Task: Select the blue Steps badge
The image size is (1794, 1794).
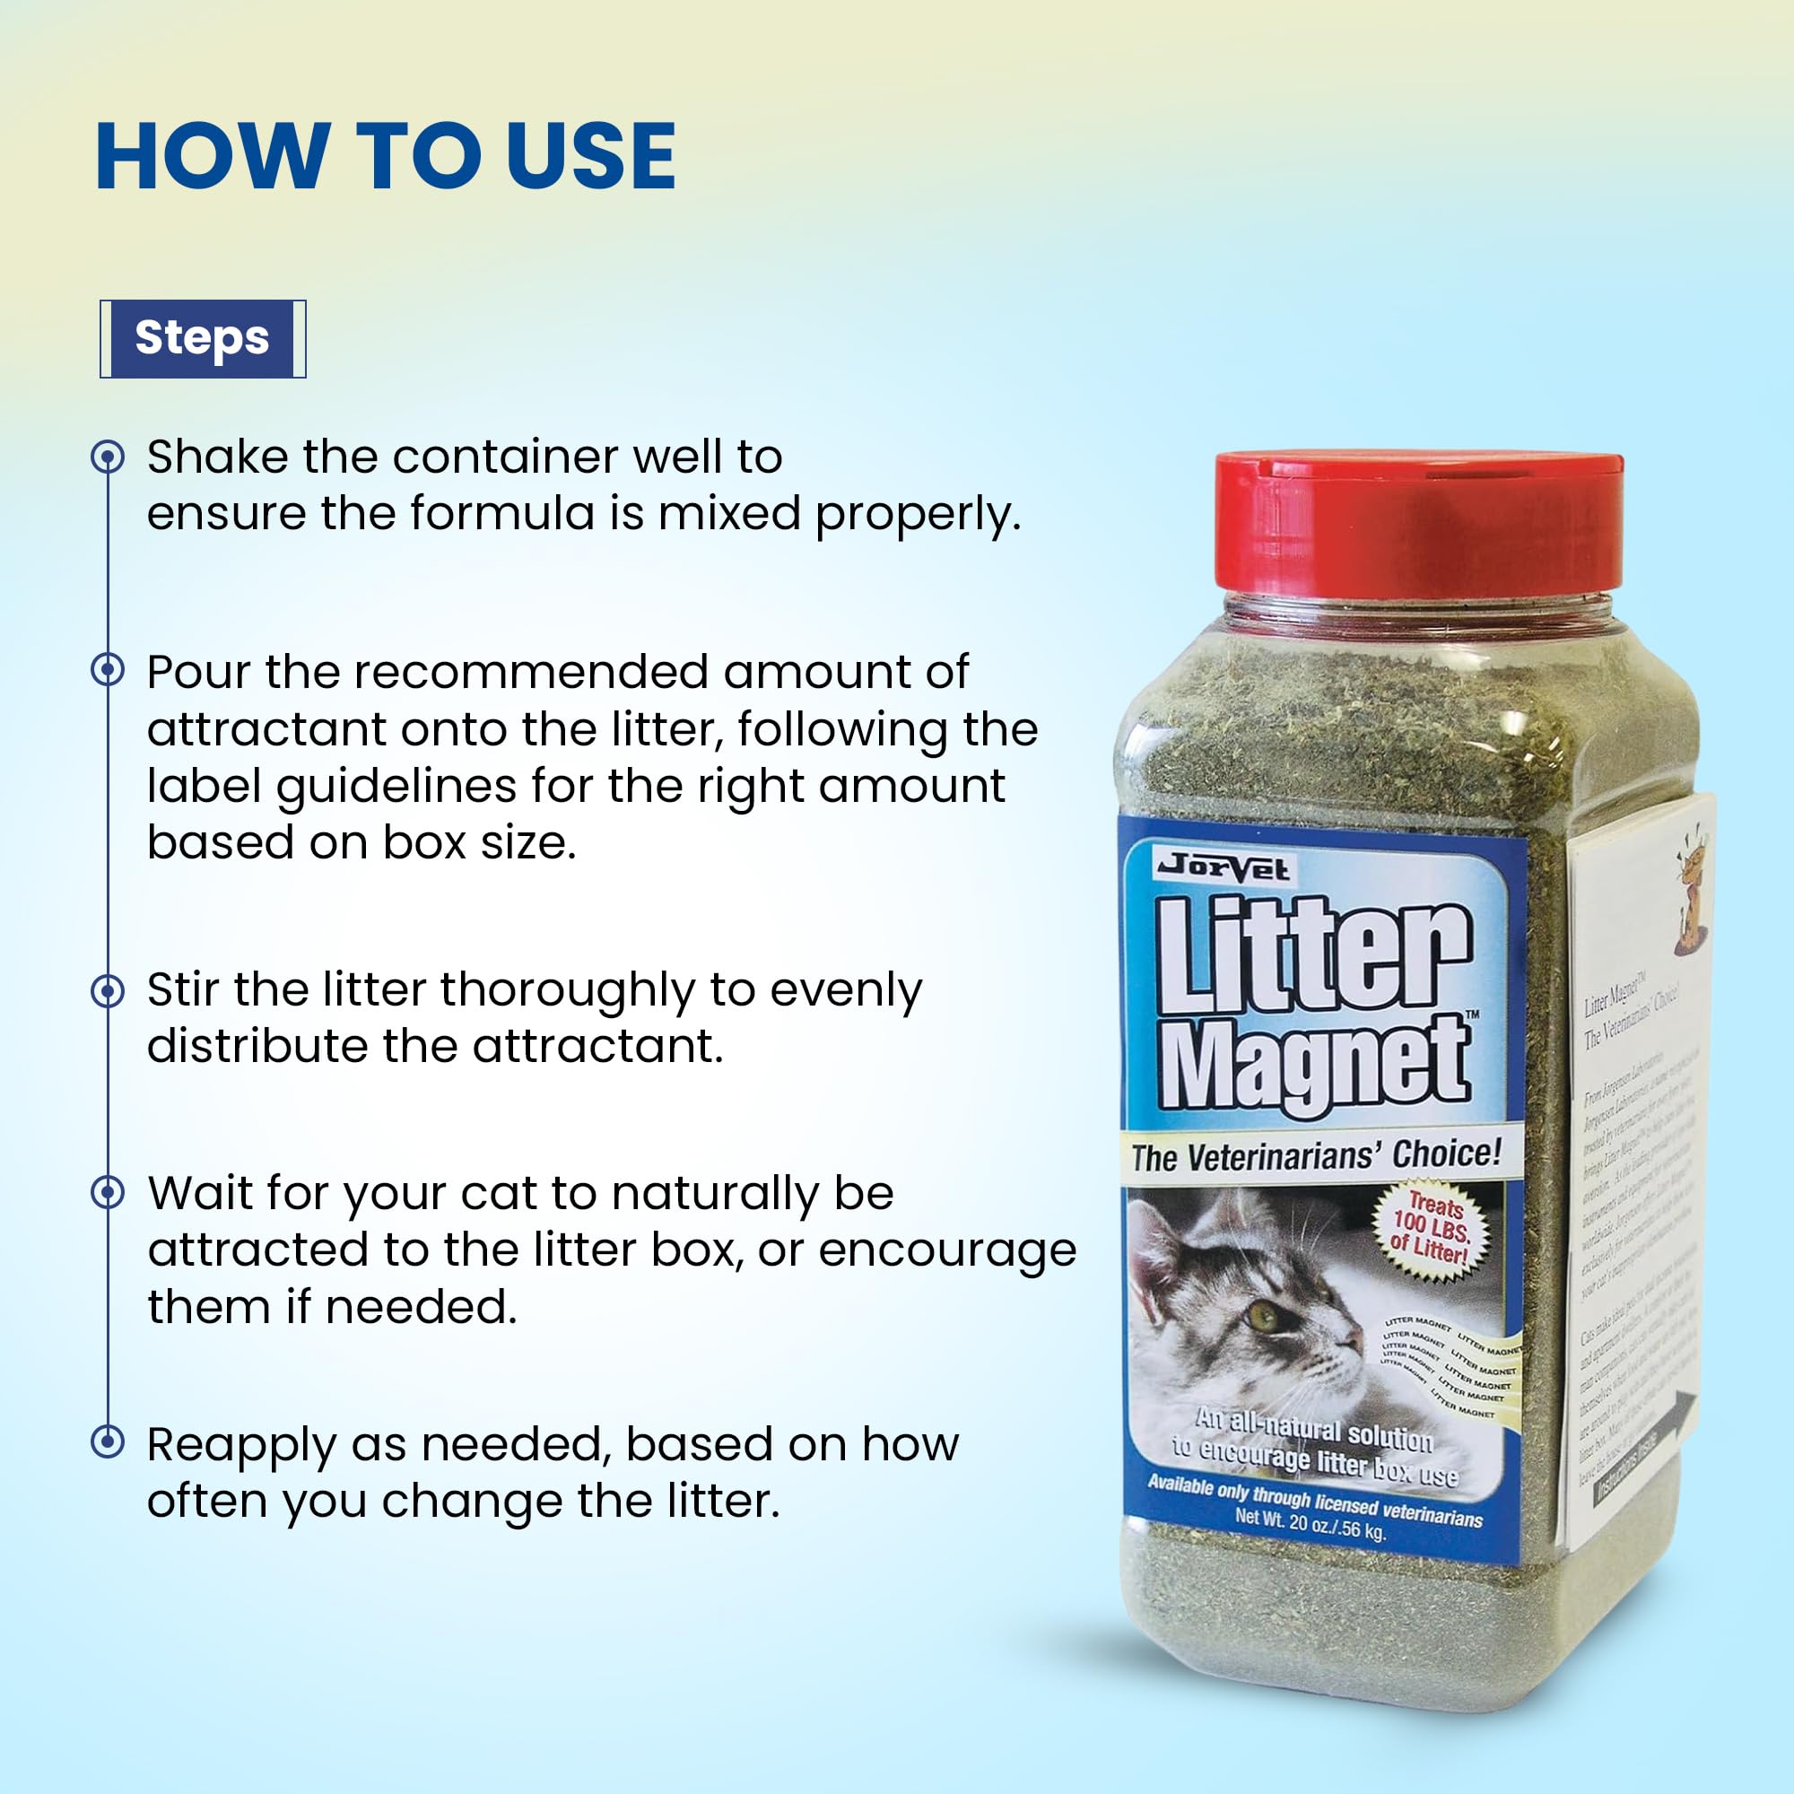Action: pyautogui.click(x=203, y=338)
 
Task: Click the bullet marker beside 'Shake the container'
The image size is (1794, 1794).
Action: pyautogui.click(x=108, y=457)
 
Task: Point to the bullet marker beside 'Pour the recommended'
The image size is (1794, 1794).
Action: pyautogui.click(x=108, y=669)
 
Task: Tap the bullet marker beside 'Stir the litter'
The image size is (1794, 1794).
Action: pyautogui.click(x=108, y=991)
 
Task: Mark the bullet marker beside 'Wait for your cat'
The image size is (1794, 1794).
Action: pyautogui.click(x=108, y=1192)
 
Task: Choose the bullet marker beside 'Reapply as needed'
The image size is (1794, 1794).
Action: pyautogui.click(x=108, y=1441)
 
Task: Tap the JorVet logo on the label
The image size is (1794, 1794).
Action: pyautogui.click(x=1222, y=867)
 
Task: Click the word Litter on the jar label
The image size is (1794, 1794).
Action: pyautogui.click(x=1313, y=956)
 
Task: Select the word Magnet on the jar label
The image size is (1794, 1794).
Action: pyautogui.click(x=1313, y=1063)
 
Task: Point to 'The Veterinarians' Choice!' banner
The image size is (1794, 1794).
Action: pyautogui.click(x=1315, y=1155)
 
